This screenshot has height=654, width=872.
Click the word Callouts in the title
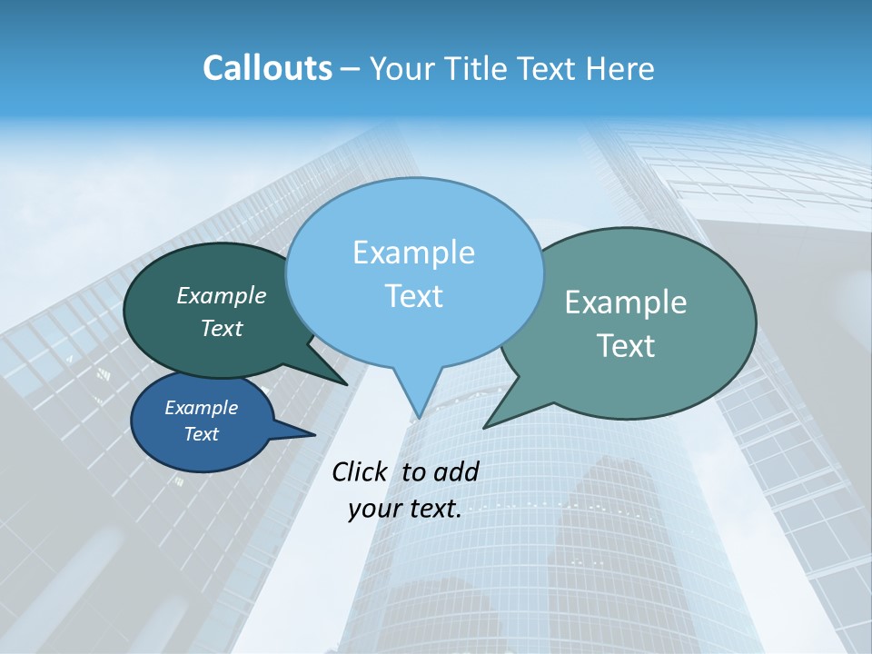click(x=267, y=68)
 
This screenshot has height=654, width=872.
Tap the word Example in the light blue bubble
click(x=413, y=253)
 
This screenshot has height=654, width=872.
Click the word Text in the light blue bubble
click(x=413, y=296)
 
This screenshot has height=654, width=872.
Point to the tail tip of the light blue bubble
click(x=419, y=417)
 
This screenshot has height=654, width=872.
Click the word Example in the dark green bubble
click(x=221, y=295)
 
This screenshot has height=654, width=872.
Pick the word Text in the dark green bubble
click(x=221, y=328)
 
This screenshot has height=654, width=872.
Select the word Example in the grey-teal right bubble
click(x=626, y=302)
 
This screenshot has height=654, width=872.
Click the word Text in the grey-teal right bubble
click(x=626, y=346)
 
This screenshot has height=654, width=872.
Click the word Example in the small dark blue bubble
click(x=201, y=408)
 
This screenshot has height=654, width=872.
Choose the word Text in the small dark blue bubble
click(x=201, y=434)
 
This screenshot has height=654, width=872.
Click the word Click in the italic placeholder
click(x=361, y=471)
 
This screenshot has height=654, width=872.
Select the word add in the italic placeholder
click(x=455, y=471)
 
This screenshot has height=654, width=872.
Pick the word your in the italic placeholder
click(x=374, y=510)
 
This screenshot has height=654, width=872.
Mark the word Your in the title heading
click(x=400, y=68)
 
